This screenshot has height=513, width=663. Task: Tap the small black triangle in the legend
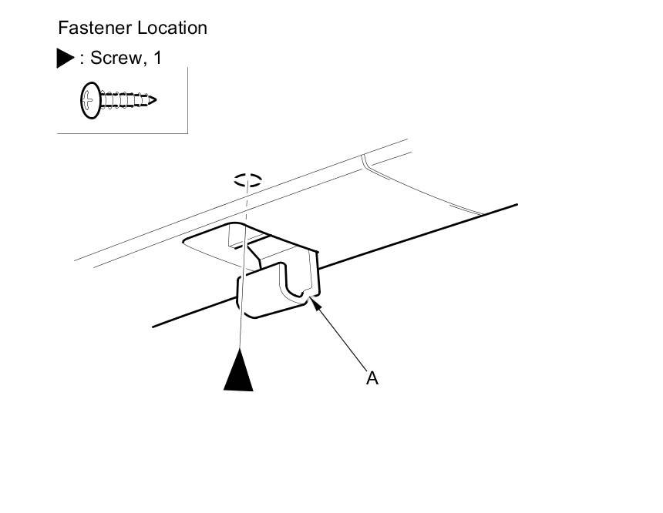tap(66, 59)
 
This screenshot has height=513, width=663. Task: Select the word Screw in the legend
tap(114, 58)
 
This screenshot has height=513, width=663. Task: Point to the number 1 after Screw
tap(157, 58)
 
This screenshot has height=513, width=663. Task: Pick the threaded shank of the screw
tap(123, 100)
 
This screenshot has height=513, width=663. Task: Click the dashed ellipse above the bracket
tap(248, 181)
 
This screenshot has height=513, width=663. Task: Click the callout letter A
tap(372, 378)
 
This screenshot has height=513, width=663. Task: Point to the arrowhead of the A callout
tap(315, 303)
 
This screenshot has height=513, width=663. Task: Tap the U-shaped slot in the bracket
tap(294, 281)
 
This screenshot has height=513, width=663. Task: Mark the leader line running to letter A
tap(343, 339)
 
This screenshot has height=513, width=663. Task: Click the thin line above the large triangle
tap(242, 308)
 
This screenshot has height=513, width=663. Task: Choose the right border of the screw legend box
tap(187, 100)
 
